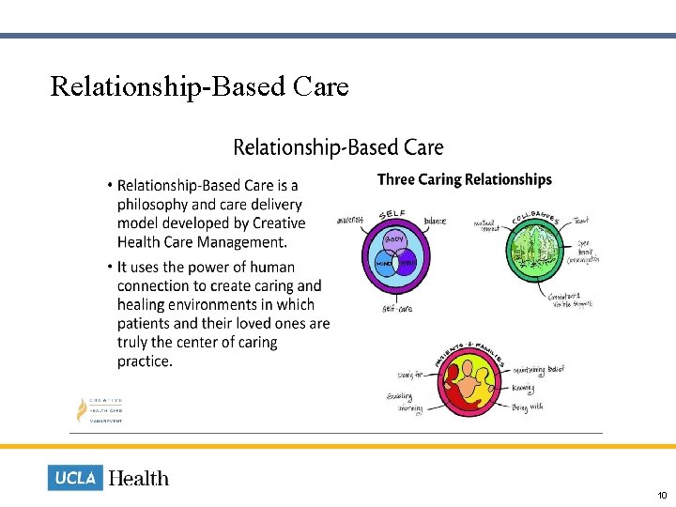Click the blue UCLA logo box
[x=75, y=478]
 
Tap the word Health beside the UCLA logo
[x=139, y=479]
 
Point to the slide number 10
[x=662, y=495]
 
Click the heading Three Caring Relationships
[x=464, y=179]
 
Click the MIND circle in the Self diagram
[x=384, y=264]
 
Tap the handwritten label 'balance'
[x=435, y=222]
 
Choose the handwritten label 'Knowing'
[x=523, y=388]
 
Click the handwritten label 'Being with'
[x=527, y=407]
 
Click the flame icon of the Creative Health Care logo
[x=82, y=408]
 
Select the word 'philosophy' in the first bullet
[x=154, y=205]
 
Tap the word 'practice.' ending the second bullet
[x=145, y=361]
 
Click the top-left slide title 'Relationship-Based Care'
[x=199, y=86]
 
